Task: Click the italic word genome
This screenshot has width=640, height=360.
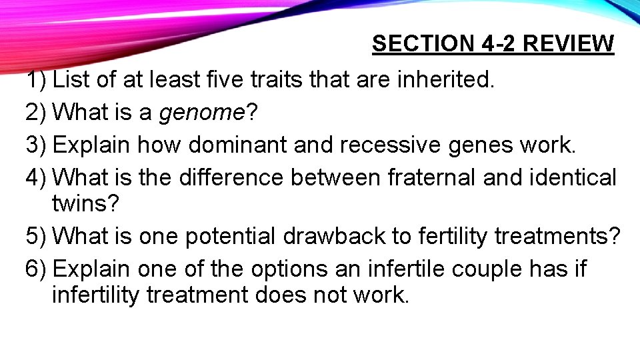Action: pos(202,114)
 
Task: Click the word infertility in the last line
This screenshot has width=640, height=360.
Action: pos(95,294)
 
